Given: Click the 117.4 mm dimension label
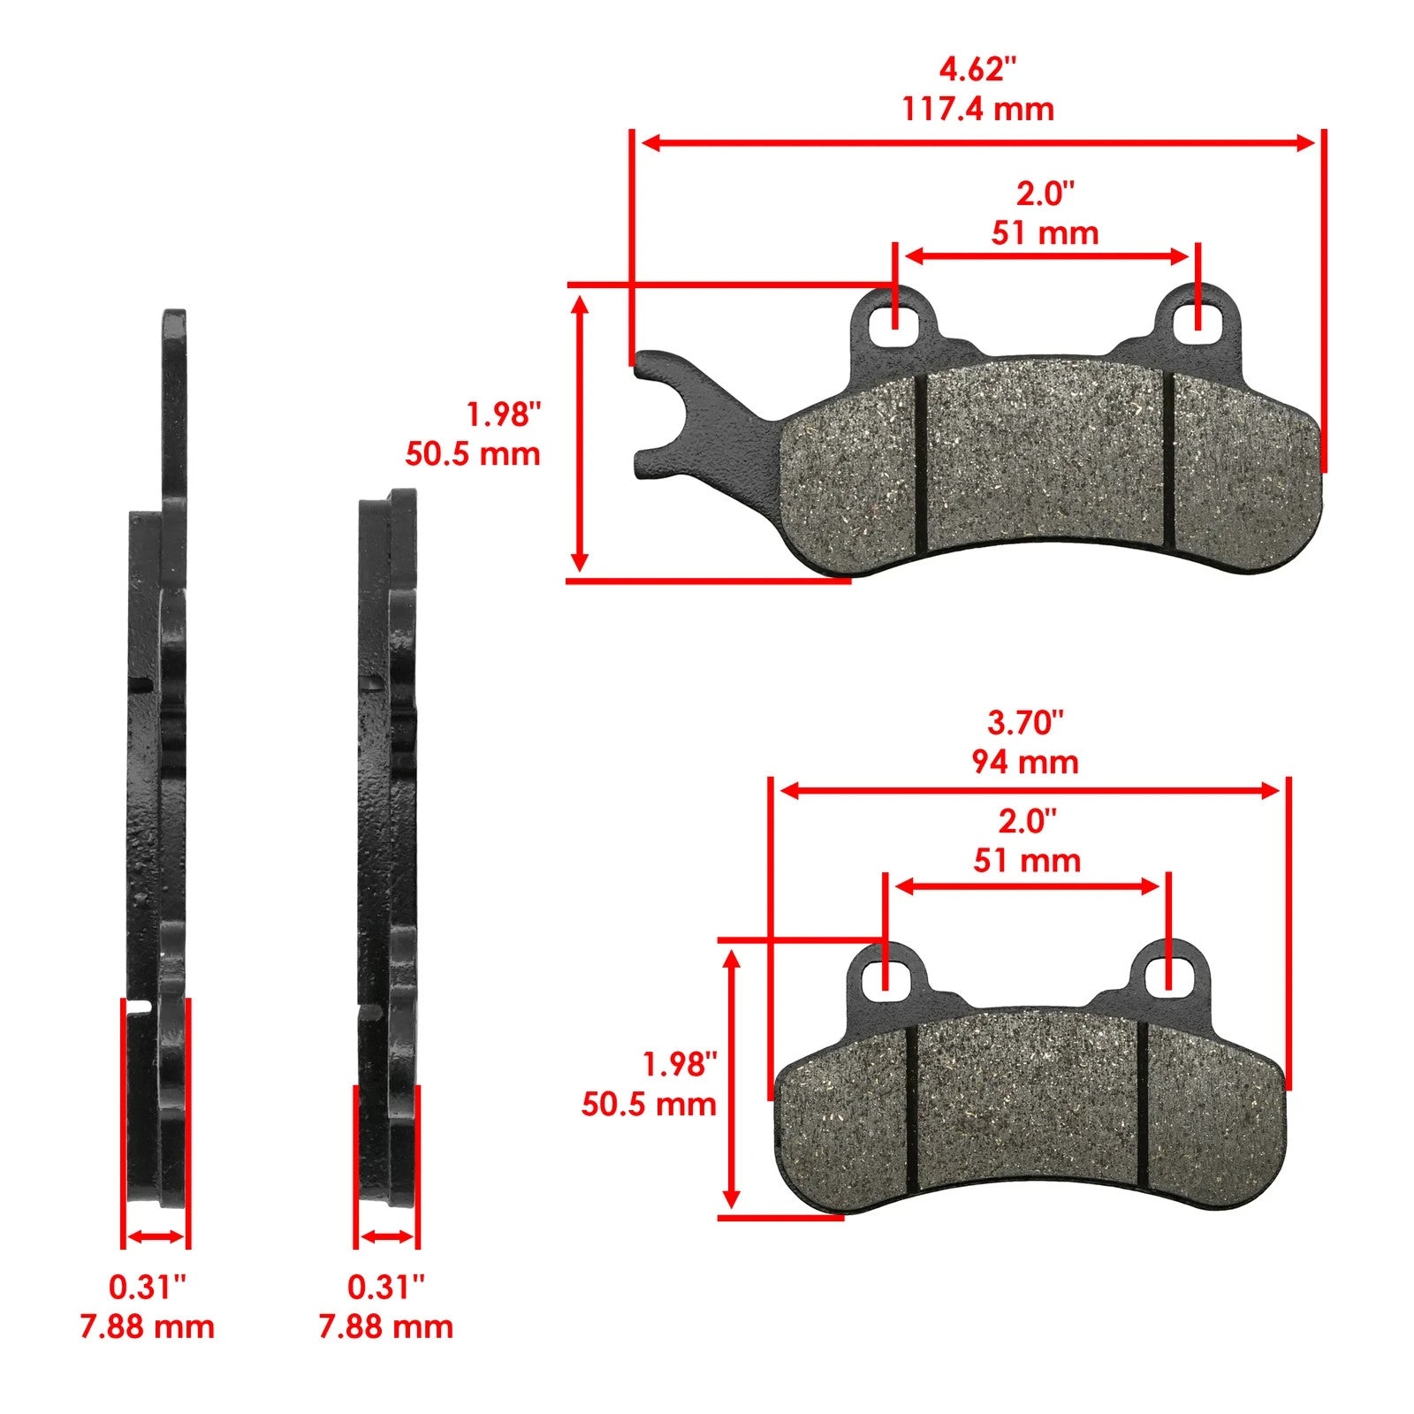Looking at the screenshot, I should (977, 110).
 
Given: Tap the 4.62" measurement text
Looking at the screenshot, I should (977, 68).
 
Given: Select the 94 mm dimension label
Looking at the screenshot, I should (1025, 762).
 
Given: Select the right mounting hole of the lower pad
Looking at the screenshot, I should (1167, 976).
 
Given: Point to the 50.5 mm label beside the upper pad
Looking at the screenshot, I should (473, 454).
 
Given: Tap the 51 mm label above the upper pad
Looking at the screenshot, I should (1045, 233).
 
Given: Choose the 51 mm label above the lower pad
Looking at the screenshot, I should (1027, 861).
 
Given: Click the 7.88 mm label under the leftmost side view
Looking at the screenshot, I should (148, 1327).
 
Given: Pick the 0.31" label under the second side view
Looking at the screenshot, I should (386, 1287).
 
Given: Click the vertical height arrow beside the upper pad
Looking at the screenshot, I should (580, 433).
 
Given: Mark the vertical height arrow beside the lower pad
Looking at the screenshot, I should (731, 1078).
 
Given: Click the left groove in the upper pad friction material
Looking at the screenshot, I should (919, 468).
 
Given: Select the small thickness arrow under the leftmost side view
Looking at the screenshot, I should (156, 1237).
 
